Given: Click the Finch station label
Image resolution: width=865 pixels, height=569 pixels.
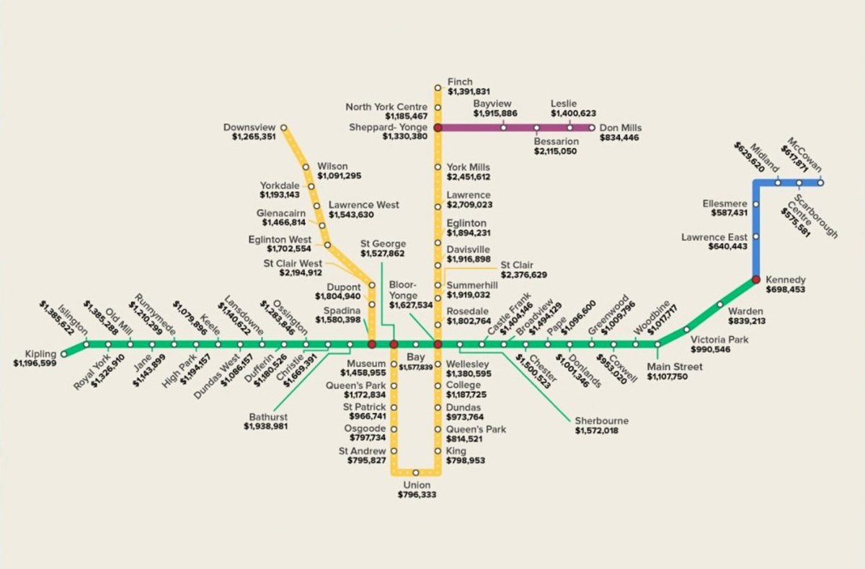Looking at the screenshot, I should pyautogui.click(x=460, y=81).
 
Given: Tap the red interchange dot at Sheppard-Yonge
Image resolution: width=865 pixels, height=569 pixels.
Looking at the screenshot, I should pyautogui.click(x=438, y=128).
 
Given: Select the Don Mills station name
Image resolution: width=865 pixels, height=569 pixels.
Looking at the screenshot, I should pyautogui.click(x=620, y=128).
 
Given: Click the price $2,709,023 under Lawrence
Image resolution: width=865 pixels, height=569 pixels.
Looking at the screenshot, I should pyautogui.click(x=469, y=205).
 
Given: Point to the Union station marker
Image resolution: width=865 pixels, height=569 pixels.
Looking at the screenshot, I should pyautogui.click(x=416, y=473).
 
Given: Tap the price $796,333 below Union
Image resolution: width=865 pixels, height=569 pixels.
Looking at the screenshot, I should pyautogui.click(x=416, y=495).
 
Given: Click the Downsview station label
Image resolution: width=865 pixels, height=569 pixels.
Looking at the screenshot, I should pyautogui.click(x=249, y=128).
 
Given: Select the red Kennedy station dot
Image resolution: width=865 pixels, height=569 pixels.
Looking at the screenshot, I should pyautogui.click(x=756, y=279).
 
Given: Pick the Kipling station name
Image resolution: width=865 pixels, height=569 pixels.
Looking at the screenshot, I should pyautogui.click(x=40, y=353).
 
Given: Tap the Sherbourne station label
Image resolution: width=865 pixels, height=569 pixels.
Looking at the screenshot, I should pyautogui.click(x=601, y=420).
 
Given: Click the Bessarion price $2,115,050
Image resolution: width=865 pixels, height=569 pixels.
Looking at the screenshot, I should pyautogui.click(x=555, y=151).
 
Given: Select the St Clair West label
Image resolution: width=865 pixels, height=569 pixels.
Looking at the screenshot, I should pyautogui.click(x=293, y=263).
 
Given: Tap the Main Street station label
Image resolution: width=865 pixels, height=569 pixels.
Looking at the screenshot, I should pyautogui.click(x=675, y=367).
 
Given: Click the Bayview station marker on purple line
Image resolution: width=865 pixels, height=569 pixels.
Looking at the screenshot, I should pyautogui.click(x=503, y=128).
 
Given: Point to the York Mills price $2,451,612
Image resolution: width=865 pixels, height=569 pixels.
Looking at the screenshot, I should pyautogui.click(x=469, y=177).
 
